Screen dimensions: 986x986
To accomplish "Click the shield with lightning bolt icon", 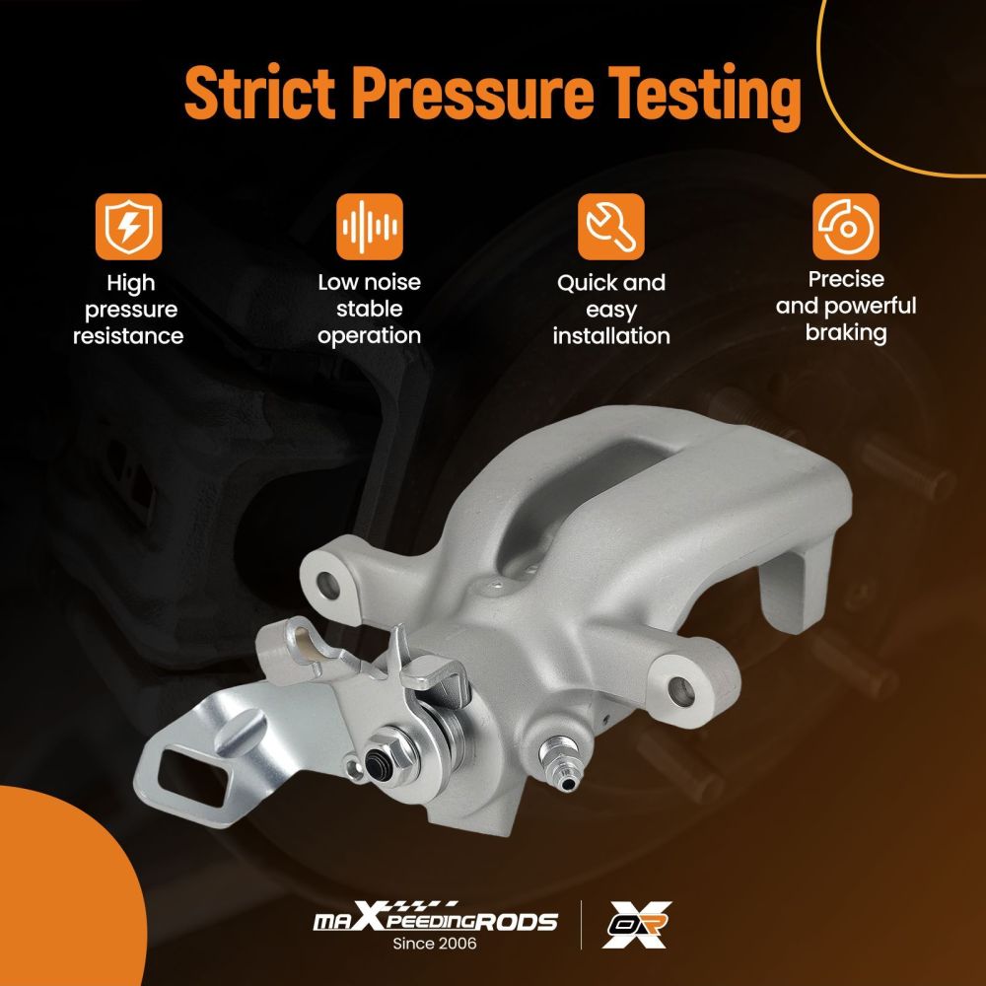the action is tap(129, 227).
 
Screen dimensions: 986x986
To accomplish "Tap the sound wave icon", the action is tap(369, 227).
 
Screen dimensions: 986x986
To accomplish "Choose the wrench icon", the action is tap(611, 227).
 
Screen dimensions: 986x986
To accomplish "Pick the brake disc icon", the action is tap(846, 227).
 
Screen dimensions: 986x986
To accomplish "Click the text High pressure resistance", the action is tap(128, 310).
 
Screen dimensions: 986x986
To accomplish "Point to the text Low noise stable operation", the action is tap(369, 310).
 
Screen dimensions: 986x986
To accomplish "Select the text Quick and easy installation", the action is tap(611, 310).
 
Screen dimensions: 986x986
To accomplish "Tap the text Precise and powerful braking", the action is tap(846, 307).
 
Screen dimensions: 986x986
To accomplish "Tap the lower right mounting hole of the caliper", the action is tap(681, 692).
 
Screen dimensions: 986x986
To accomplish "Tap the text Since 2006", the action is tap(435, 944).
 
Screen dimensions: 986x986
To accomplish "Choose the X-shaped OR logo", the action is tap(636, 924).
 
